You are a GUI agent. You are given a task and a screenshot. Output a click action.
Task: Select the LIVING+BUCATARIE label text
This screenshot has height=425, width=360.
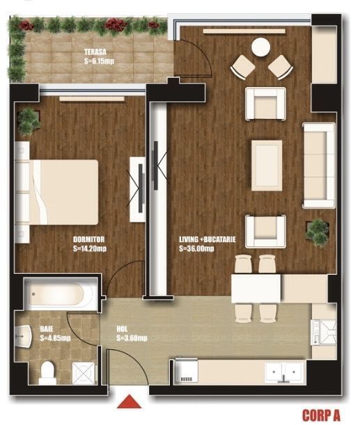(207, 239)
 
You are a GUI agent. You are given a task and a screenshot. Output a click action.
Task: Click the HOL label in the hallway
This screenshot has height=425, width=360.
(123, 330)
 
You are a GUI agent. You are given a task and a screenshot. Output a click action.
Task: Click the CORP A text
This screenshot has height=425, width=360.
(321, 415)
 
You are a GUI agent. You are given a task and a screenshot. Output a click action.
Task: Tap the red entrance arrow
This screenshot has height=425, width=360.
(127, 402)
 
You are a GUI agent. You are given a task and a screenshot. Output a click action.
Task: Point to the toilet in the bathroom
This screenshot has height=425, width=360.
(47, 372)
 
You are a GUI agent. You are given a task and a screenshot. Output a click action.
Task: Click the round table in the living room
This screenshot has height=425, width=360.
(260, 47)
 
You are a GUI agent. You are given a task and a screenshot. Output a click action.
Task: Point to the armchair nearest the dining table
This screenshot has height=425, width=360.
(266, 229)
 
